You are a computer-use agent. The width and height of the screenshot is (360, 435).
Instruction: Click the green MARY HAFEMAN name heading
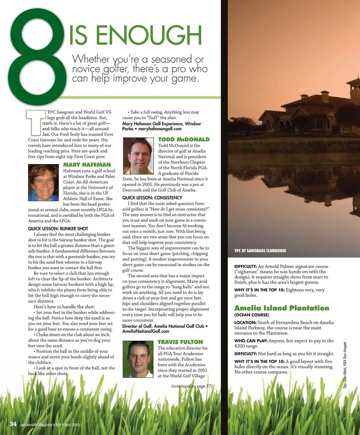[87, 165]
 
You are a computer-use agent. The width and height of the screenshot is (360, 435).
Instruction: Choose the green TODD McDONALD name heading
[184, 139]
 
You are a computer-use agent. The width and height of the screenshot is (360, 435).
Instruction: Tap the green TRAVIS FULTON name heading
[180, 342]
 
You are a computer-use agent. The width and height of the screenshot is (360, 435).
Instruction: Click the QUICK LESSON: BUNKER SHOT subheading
[58, 228]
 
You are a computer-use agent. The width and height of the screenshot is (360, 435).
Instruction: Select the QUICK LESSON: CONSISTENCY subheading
[152, 198]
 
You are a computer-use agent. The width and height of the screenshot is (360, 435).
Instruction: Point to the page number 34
[13, 424]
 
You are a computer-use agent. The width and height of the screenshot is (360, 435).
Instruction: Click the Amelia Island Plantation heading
[282, 308]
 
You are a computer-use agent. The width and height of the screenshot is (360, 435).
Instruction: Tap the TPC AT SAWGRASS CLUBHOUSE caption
[260, 250]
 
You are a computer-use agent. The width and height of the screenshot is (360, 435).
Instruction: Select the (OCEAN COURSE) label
[252, 315]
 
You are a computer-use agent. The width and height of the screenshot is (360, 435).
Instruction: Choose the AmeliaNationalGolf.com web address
[146, 331]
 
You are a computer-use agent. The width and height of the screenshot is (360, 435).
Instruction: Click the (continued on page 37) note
[192, 386]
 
